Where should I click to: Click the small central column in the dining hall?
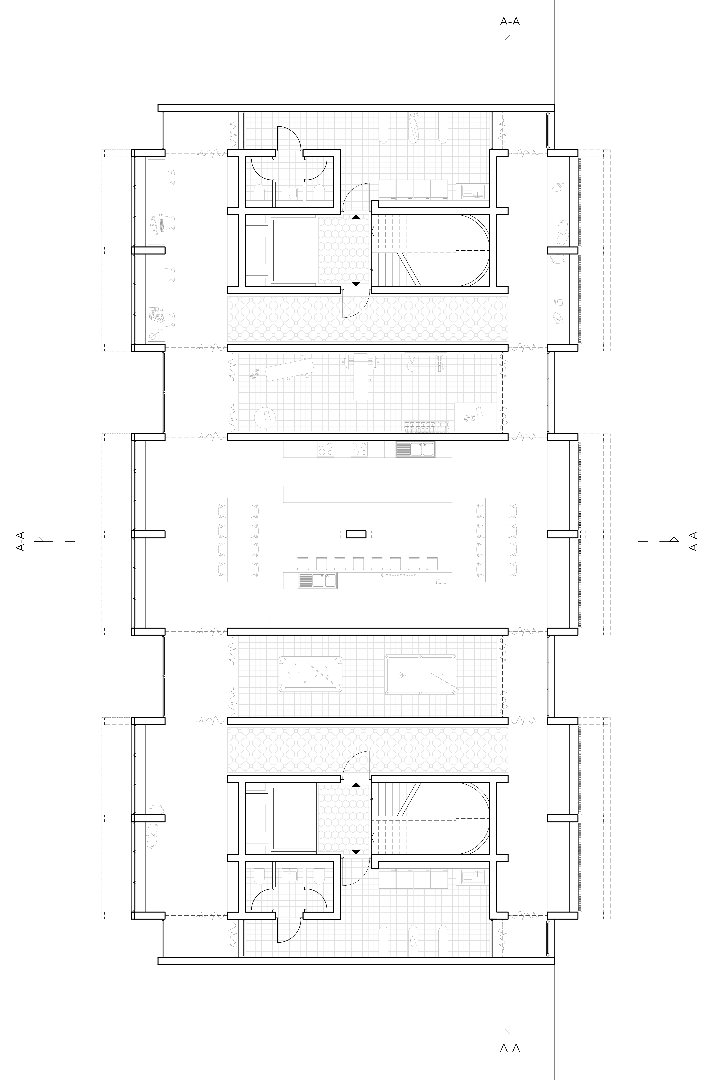pos(356,534)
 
